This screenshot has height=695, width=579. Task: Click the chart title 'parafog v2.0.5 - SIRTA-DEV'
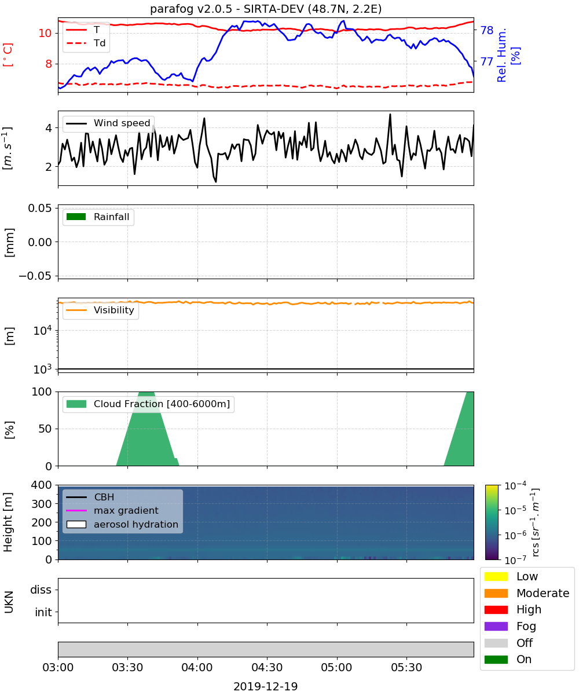point(227,9)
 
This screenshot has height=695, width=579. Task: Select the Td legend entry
point(86,43)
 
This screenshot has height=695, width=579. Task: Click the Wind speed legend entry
point(108,123)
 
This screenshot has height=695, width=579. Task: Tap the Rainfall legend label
point(98,217)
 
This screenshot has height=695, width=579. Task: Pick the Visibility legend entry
point(100,310)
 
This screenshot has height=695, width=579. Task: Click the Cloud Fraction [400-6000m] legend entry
point(148,404)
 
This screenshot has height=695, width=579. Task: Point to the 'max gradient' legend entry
point(112,510)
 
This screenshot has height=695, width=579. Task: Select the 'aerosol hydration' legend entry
point(122,524)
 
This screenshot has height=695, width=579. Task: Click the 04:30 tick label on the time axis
point(267,667)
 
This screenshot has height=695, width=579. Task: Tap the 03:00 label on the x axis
point(58,667)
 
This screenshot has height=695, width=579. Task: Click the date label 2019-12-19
point(266,686)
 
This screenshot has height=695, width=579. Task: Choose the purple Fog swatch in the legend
point(496,626)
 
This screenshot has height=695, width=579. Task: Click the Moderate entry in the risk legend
point(527,593)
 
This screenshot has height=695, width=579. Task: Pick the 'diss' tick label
point(41,590)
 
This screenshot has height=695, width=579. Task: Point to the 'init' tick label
point(43,612)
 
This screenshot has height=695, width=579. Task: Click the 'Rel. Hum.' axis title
point(501,55)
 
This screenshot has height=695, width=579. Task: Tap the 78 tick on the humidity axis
point(486,30)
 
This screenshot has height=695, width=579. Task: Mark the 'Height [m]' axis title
point(8,522)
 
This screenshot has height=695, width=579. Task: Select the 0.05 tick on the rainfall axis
point(40,208)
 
